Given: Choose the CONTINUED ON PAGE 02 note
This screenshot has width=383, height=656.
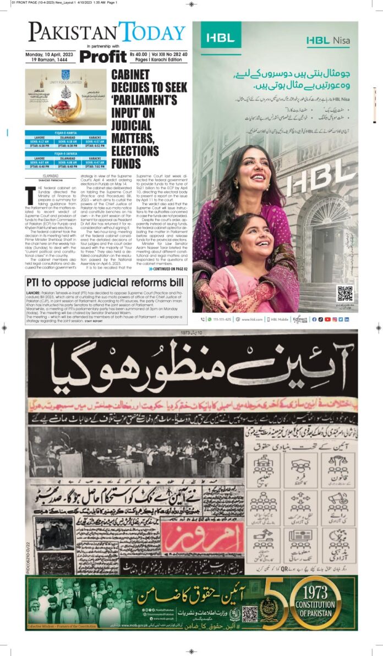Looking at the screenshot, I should point(168,269).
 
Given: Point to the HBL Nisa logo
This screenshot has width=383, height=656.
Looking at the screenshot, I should point(330,40).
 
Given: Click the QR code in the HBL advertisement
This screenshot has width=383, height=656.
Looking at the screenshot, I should point(344,294).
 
